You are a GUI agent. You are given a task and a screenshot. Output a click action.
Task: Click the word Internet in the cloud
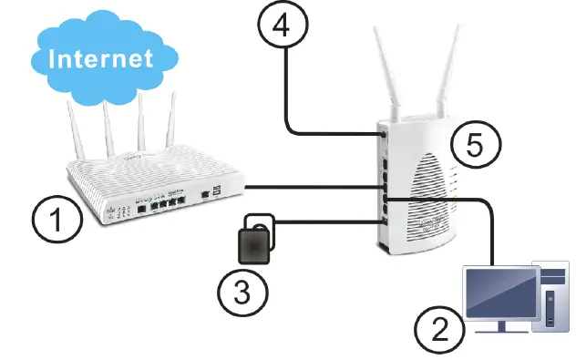pyautogui.click(x=100, y=60)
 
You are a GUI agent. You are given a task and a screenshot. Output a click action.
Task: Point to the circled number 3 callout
pyautogui.click(x=242, y=291)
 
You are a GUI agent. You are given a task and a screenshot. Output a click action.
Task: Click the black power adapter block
pyautogui.click(x=255, y=244)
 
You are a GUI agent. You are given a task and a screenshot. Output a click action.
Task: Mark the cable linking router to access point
pyautogui.click(x=310, y=187)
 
